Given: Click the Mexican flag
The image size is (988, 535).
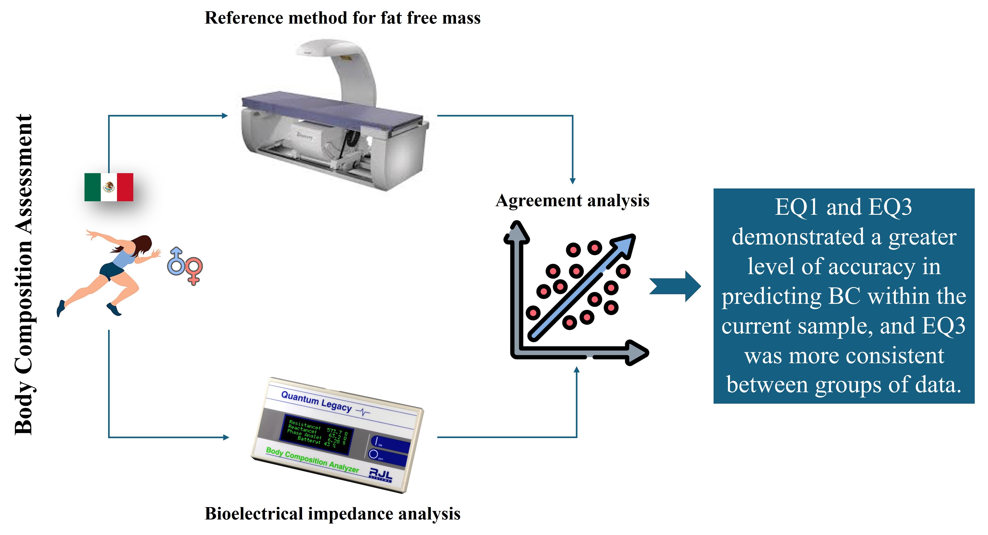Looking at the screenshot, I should click(x=109, y=187).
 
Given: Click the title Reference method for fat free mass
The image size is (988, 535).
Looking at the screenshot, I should click(x=343, y=18).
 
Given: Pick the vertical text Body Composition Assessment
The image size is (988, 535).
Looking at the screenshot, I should click(x=24, y=274).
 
